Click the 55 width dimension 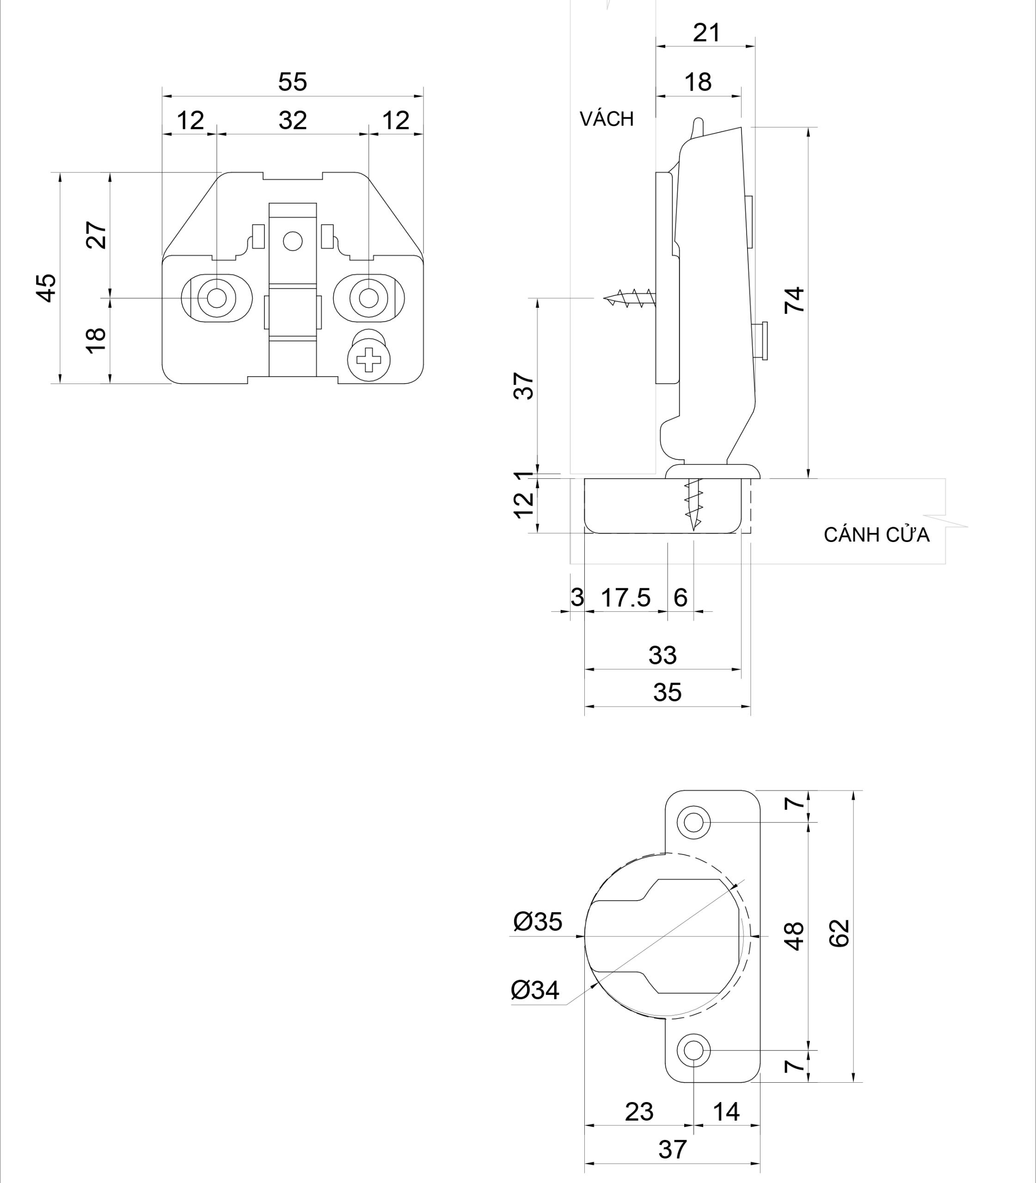click(x=292, y=82)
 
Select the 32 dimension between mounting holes click(x=292, y=121)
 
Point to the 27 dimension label click(x=97, y=235)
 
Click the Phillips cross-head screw click(x=369, y=361)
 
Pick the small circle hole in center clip click(x=293, y=240)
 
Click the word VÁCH click(x=607, y=119)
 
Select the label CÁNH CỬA click(x=876, y=535)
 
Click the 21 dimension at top click(x=706, y=33)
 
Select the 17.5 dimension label click(x=625, y=598)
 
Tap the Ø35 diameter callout click(x=538, y=922)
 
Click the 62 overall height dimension click(x=840, y=932)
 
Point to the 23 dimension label click(x=639, y=1111)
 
